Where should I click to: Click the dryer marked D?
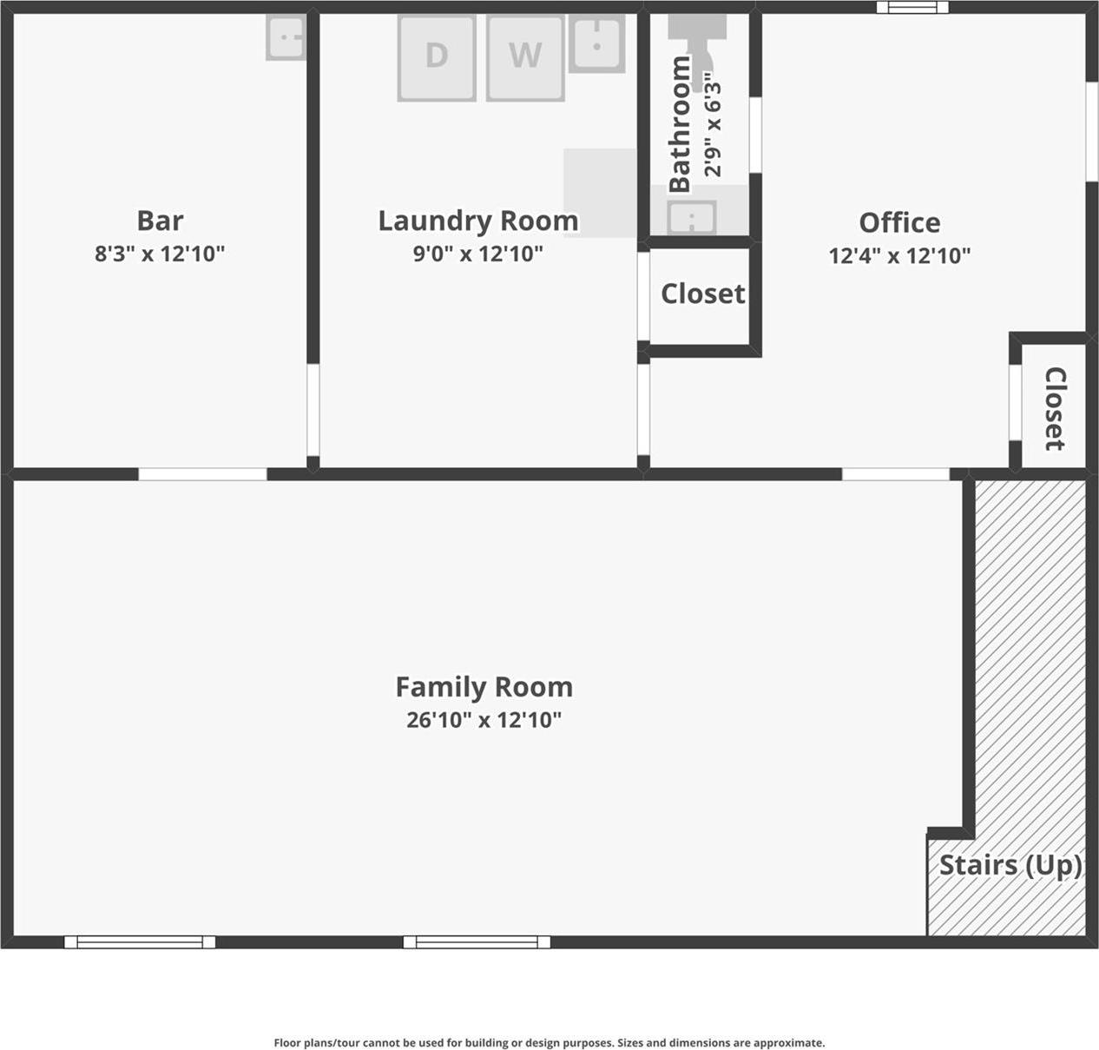point(437,57)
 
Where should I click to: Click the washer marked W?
point(525,57)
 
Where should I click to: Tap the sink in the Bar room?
point(286,38)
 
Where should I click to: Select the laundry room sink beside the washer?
point(596,43)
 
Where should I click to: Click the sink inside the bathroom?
point(691,217)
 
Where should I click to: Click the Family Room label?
point(484,687)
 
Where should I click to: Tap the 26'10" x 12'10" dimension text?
point(484,720)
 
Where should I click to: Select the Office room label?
point(899,222)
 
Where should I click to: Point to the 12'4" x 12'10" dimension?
point(899,255)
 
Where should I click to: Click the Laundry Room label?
point(477,221)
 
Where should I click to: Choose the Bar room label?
point(160,221)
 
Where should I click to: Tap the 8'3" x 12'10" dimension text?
point(160,254)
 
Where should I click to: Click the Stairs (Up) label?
point(1010,865)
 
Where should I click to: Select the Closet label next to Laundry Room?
point(702,294)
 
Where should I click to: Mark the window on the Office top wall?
point(911,8)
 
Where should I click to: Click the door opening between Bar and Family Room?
point(202,474)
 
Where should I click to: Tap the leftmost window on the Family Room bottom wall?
point(140,942)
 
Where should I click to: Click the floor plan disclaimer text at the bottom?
point(549,1043)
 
